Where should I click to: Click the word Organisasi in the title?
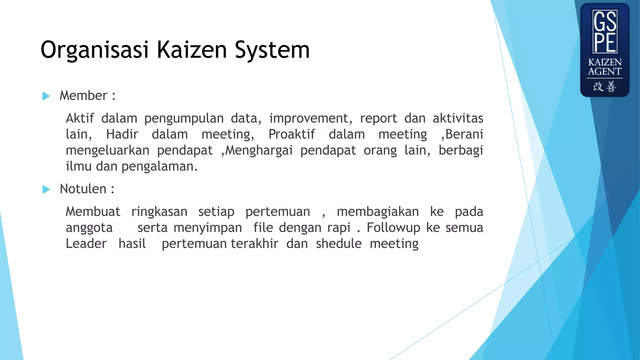click(94, 50)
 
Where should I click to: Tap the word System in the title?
click(272, 50)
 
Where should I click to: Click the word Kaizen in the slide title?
click(191, 50)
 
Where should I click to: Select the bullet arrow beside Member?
click(46, 96)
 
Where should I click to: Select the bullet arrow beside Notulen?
click(46, 189)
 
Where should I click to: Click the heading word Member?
click(83, 96)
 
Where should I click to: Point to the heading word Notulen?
click(83, 189)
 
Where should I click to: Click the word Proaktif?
click(292, 134)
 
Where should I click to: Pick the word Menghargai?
click(259, 150)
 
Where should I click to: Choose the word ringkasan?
click(159, 212)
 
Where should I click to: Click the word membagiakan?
click(377, 212)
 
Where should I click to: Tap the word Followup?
click(393, 228)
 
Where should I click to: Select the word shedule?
click(338, 244)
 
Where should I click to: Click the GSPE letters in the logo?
click(605, 32)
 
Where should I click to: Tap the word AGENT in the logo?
click(605, 72)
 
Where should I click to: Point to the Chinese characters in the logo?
click(605, 87)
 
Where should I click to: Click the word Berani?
click(464, 134)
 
